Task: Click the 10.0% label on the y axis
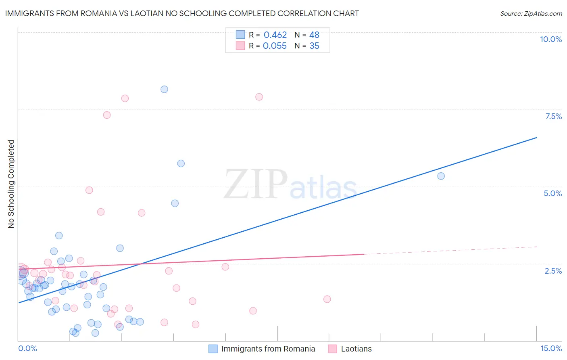[550, 39]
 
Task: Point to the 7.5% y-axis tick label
[553, 116]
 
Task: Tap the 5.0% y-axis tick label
[552, 193]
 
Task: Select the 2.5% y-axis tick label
[553, 271]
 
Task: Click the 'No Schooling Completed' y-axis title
[11, 184]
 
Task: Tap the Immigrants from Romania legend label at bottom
[268, 349]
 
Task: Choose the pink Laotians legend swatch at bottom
[332, 349]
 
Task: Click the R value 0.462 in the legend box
[275, 35]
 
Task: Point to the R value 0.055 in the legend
[275, 46]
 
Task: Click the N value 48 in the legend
[314, 35]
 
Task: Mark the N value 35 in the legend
[314, 46]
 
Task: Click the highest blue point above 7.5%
[164, 89]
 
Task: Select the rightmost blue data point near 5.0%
[441, 176]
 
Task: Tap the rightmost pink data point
[327, 299]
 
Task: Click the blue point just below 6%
[181, 163]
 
